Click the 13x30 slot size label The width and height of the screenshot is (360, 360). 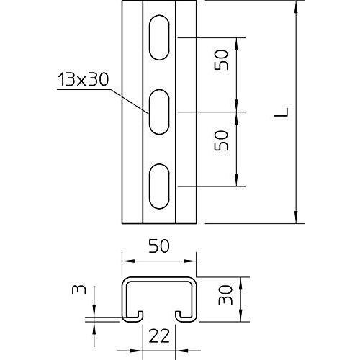[83, 80]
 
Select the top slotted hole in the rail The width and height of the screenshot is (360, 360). [159, 37]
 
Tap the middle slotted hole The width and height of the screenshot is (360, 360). [159, 112]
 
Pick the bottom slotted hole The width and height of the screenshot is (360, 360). [159, 186]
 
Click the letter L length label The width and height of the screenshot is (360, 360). [282, 112]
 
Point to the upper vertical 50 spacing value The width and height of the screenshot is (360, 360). [221, 60]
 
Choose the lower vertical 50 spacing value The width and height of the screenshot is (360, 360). [221, 140]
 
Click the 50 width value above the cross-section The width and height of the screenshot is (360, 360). [159, 246]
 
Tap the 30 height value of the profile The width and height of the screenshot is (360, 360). [225, 295]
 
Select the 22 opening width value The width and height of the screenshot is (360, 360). [159, 336]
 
